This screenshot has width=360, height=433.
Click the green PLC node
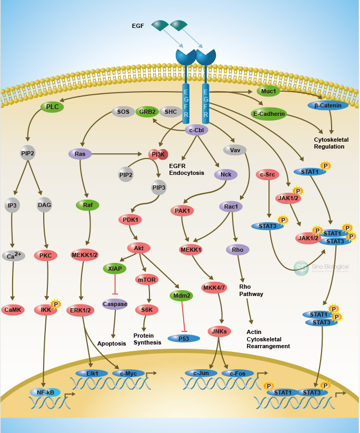(52, 107)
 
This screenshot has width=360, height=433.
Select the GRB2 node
(147, 112)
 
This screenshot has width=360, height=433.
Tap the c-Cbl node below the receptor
(196, 130)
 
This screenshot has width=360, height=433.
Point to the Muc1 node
(268, 91)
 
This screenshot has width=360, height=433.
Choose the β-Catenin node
(328, 105)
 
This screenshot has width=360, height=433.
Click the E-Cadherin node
(268, 113)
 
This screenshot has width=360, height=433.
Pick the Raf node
(87, 205)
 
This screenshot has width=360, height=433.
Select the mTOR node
(147, 279)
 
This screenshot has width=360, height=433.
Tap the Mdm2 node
(182, 296)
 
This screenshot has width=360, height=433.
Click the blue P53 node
(184, 338)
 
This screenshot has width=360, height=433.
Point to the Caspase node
(115, 304)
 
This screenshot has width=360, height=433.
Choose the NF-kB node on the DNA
(45, 392)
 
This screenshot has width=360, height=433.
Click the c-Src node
(268, 174)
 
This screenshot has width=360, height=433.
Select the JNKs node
(219, 331)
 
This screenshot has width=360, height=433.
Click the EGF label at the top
(138, 25)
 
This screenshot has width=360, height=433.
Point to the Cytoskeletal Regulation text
(329, 143)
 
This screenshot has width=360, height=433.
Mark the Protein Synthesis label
(147, 339)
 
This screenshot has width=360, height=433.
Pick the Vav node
(235, 150)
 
